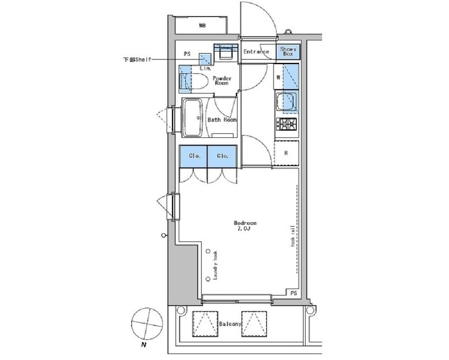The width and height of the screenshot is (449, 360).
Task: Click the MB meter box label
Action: coord(202,26)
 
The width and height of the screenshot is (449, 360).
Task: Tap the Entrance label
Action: coord(256,52)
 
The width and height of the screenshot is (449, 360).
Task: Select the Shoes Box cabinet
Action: coord(288,52)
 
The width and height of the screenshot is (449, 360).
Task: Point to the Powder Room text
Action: coord(222,80)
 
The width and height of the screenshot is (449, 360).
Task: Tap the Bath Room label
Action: coord(222,120)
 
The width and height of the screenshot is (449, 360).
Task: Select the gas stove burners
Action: coord(286,124)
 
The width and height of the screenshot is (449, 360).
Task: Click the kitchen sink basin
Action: coord(286,102)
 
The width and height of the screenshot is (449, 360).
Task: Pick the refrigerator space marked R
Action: coord(286,153)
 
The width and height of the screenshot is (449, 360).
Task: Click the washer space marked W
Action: coord(278,77)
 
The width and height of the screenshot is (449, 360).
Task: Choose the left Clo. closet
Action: coord(193,156)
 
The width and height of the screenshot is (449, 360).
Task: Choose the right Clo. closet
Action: coord(222,156)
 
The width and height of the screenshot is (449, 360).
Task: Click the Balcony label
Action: coord(230,324)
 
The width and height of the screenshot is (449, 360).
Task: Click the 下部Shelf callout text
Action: coord(137,60)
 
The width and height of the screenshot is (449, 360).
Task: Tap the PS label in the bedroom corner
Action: coord(293,293)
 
